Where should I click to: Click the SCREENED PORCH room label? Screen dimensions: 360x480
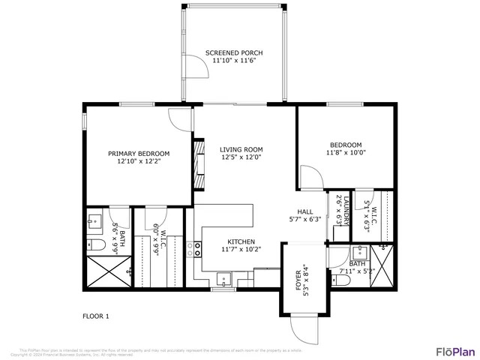click(x=234, y=52)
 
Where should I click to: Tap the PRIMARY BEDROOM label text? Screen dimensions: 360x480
click(x=138, y=153)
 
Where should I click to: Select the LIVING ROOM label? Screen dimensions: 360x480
click(x=241, y=149)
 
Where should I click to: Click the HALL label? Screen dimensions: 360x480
click(x=304, y=211)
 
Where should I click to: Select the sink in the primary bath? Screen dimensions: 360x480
click(x=94, y=220)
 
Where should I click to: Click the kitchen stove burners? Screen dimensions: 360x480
click(x=198, y=249)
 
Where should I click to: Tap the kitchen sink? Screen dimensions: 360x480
click(x=223, y=280)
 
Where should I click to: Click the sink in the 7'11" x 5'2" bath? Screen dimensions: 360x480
click(x=360, y=251)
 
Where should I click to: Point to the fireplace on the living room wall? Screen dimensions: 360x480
click(x=199, y=163)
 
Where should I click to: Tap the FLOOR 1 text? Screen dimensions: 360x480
click(x=95, y=316)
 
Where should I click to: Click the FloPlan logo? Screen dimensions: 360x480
click(x=455, y=350)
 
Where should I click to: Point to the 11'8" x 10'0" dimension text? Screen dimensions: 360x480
click(x=346, y=152)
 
